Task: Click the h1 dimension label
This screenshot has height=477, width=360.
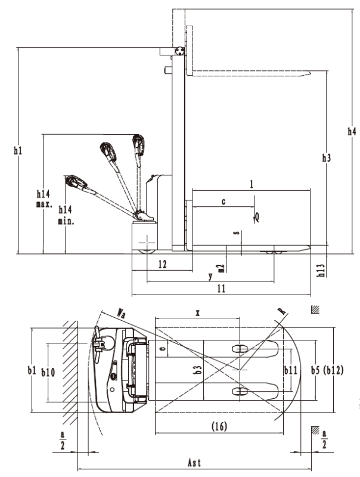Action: click(18, 151)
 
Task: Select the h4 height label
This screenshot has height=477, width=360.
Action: click(352, 131)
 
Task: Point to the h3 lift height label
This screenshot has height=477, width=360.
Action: click(327, 158)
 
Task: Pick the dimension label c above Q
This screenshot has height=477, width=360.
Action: click(224, 202)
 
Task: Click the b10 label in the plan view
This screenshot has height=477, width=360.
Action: click(49, 371)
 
